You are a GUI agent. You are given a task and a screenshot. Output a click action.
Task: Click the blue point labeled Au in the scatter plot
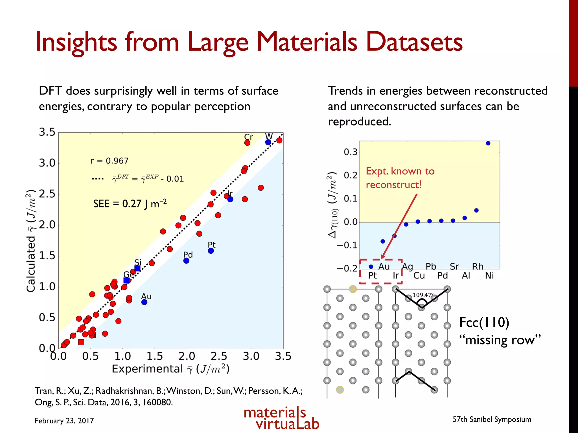(x=144, y=302)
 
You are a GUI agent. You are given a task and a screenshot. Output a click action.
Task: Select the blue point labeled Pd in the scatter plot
(x=186, y=261)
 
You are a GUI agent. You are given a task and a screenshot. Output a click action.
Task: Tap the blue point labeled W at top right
(x=268, y=142)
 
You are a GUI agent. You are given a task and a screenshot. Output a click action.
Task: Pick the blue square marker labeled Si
(x=137, y=268)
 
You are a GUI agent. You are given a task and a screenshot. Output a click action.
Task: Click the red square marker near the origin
(x=81, y=342)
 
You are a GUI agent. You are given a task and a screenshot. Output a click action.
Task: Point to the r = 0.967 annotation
(x=110, y=161)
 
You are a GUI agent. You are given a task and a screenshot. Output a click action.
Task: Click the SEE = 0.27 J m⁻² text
(x=130, y=204)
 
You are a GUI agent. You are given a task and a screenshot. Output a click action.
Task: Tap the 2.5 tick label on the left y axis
(x=47, y=194)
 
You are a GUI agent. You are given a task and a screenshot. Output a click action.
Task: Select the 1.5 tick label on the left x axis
(x=155, y=356)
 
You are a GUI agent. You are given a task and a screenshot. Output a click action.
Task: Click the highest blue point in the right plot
(x=488, y=143)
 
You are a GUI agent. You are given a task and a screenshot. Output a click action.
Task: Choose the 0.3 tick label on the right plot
(x=350, y=152)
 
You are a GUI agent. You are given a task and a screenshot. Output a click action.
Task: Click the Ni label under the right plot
(x=489, y=275)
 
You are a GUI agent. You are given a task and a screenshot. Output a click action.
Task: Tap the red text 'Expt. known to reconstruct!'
(x=400, y=178)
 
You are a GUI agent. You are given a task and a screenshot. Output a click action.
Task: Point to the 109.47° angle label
(x=422, y=295)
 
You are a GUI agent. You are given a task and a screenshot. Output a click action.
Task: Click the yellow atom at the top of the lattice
(x=353, y=289)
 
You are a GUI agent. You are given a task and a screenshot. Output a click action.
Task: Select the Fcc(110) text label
(x=484, y=322)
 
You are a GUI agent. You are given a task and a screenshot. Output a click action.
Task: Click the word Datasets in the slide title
(x=414, y=42)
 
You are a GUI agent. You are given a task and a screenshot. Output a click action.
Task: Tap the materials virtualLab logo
(x=281, y=418)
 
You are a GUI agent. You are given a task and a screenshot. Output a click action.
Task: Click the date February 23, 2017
(x=64, y=421)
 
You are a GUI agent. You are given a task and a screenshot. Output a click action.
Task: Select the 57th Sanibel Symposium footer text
(x=492, y=419)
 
